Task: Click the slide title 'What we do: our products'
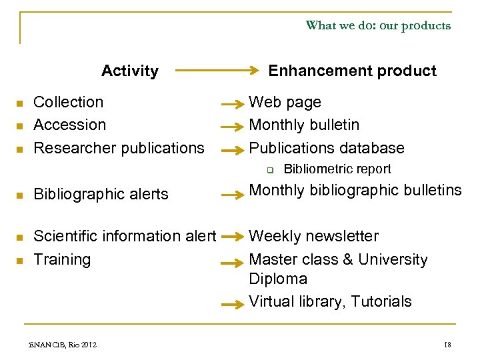[x=378, y=25]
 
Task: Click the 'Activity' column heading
[x=130, y=71]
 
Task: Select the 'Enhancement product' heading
[x=352, y=71]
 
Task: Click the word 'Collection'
[x=69, y=102]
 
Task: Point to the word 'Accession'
[x=70, y=125]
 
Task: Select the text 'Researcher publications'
[x=119, y=147]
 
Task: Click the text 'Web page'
[x=285, y=102]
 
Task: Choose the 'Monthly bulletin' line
[x=304, y=125]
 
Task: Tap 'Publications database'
[x=327, y=147]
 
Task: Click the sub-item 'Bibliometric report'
[x=337, y=169]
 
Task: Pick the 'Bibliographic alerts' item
[x=101, y=194]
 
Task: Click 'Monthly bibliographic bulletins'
[x=355, y=190]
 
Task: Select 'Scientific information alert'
[x=125, y=236]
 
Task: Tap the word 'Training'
[x=62, y=259]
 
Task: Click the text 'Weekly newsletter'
[x=313, y=236]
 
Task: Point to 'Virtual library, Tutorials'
[x=330, y=301]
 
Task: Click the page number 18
[x=447, y=344]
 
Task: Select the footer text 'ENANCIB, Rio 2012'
[x=67, y=344]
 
